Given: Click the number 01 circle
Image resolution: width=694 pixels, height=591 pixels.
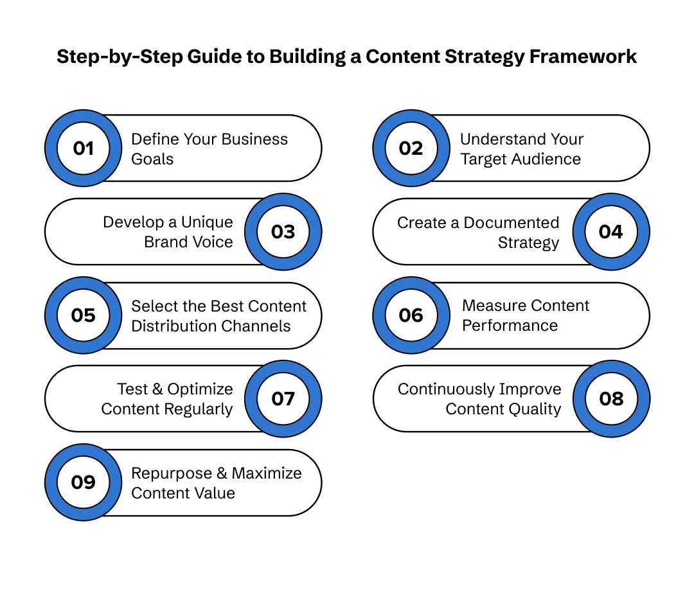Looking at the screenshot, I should point(84,148).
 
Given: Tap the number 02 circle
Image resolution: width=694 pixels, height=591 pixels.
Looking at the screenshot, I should point(411,148).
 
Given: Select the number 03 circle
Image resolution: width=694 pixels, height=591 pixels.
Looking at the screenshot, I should point(283,232).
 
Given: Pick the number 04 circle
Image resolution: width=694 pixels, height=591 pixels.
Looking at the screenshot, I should point(610,232).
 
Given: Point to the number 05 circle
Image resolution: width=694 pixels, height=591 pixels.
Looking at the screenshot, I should point(84,315).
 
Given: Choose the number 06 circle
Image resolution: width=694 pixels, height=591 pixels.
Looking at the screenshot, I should point(411,315).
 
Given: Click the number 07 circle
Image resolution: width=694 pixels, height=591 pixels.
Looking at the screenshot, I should point(283,399).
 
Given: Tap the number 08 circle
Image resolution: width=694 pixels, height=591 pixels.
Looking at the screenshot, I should point(610,399).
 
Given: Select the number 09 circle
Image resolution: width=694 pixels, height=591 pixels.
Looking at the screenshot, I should point(84,482).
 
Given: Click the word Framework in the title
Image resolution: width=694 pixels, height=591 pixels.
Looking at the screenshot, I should point(583,57).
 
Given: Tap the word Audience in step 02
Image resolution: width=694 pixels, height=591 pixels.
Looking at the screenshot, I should point(551,159).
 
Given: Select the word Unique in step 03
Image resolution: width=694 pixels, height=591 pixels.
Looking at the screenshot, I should point(208,222).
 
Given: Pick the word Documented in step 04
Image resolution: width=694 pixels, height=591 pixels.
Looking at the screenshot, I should point(512,222).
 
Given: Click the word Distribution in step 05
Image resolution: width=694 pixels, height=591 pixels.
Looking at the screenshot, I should point(168,326).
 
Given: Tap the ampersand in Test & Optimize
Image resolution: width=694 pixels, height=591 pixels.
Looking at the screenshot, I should point(158,389).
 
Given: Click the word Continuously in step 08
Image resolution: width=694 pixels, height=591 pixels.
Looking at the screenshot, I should point(444,389).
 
